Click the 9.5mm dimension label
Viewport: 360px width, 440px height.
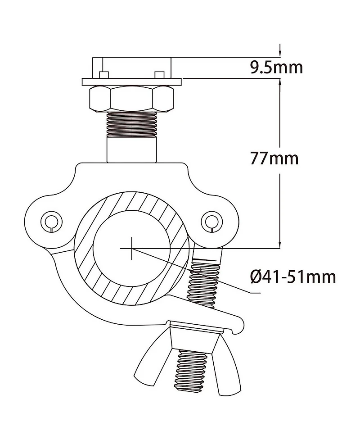276,68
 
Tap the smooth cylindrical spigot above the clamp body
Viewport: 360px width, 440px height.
132,150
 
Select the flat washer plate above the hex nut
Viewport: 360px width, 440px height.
132,82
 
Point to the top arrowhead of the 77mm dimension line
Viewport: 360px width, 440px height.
280,84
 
